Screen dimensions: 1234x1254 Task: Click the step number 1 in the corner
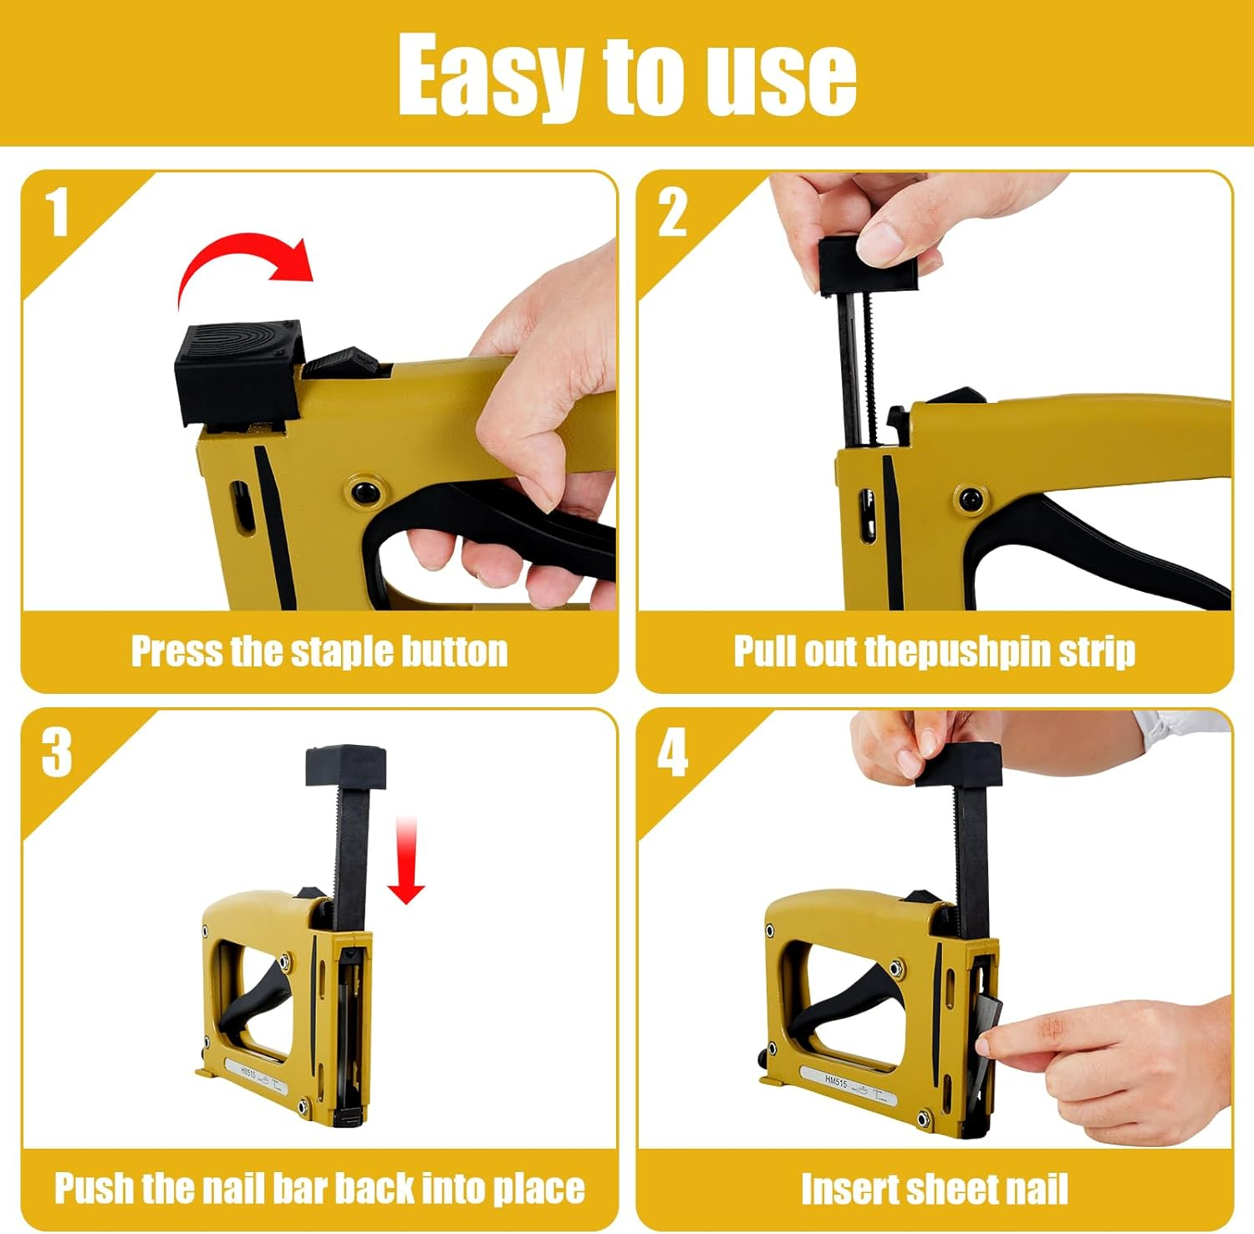pos(56,212)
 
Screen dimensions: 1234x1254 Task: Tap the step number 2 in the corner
pos(672,212)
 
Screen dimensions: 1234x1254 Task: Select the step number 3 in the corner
pos(56,752)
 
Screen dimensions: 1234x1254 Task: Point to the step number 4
pos(672,752)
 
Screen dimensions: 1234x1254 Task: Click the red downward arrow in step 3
pos(406,861)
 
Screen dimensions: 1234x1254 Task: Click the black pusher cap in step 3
pos(345,767)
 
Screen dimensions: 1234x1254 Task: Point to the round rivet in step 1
pos(365,491)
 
